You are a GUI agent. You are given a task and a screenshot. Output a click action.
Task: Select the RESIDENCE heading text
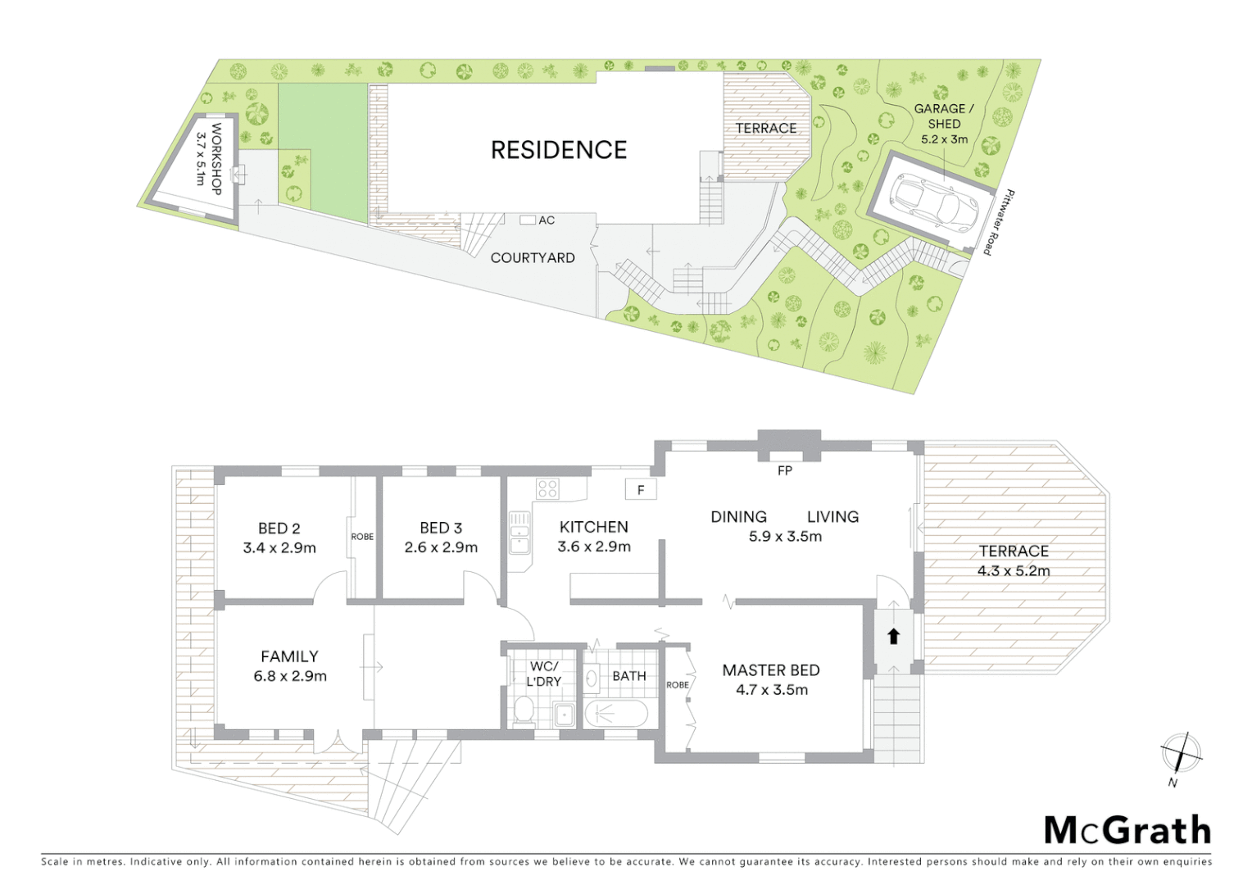point(559,150)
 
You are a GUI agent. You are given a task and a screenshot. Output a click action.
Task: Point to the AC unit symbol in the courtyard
point(528,220)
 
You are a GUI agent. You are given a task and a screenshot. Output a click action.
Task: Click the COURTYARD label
point(533,257)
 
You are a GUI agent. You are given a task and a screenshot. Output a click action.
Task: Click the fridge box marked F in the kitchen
point(641,490)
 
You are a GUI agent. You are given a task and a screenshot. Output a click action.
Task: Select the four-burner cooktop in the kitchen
point(547,489)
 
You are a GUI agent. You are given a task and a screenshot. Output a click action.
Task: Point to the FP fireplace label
point(785,471)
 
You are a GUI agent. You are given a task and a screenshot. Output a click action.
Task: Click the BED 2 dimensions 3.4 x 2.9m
point(279,548)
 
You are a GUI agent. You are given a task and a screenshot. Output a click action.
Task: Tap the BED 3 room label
point(441,529)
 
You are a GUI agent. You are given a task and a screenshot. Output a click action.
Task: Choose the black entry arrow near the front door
point(893,635)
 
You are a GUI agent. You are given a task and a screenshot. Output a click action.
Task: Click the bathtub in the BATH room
point(616,713)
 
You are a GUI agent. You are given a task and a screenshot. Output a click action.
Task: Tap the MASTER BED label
point(771,670)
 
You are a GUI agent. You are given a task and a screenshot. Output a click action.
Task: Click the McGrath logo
point(1127,829)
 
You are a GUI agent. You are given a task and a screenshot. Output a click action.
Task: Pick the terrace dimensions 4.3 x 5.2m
point(1014,571)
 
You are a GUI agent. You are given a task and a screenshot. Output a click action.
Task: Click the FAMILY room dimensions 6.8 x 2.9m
point(290,676)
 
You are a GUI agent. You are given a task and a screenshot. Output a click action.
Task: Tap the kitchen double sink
point(518,532)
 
